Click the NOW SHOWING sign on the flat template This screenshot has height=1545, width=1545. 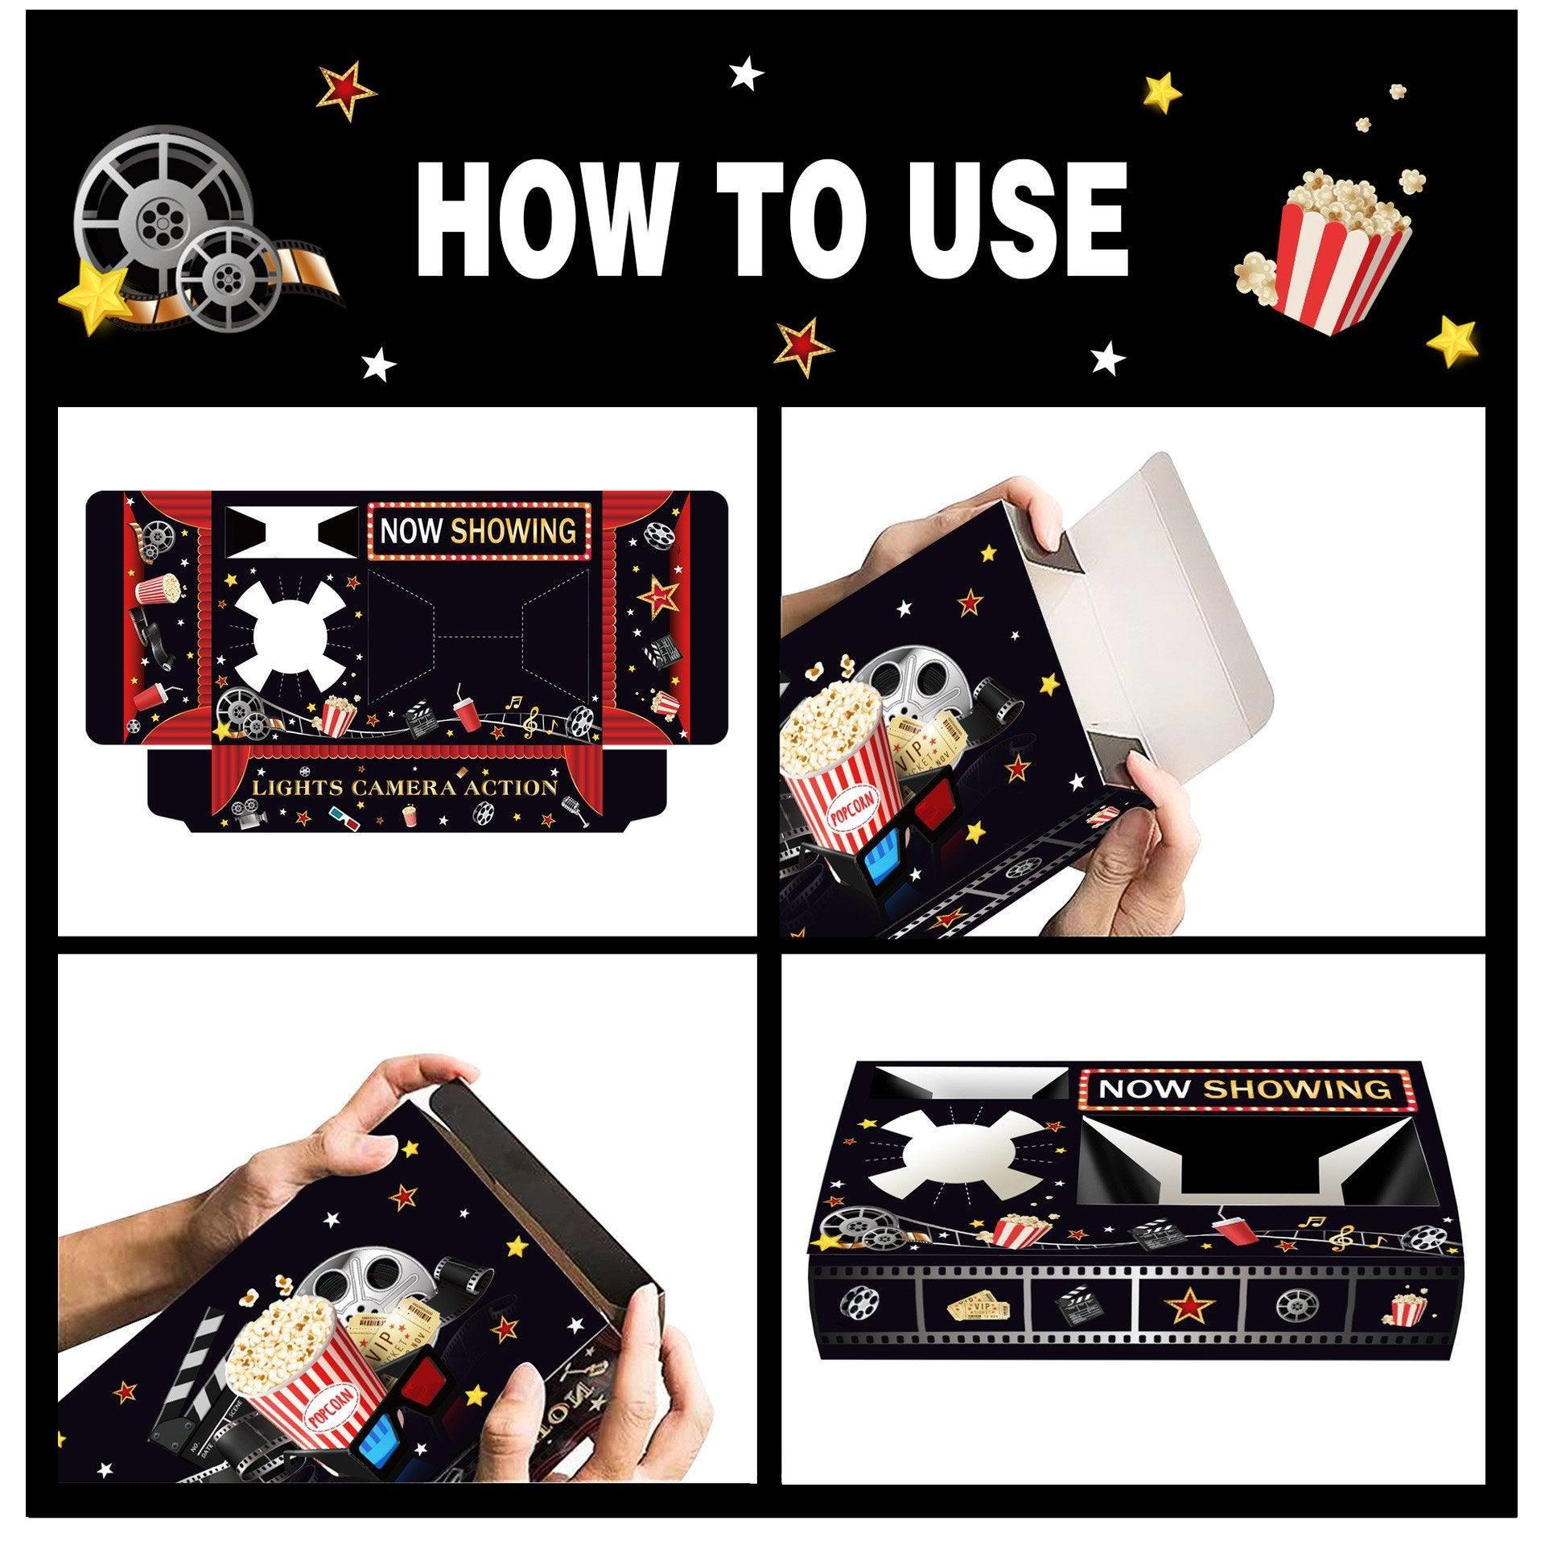pos(478,531)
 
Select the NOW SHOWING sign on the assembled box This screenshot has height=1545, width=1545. pos(1243,1090)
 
